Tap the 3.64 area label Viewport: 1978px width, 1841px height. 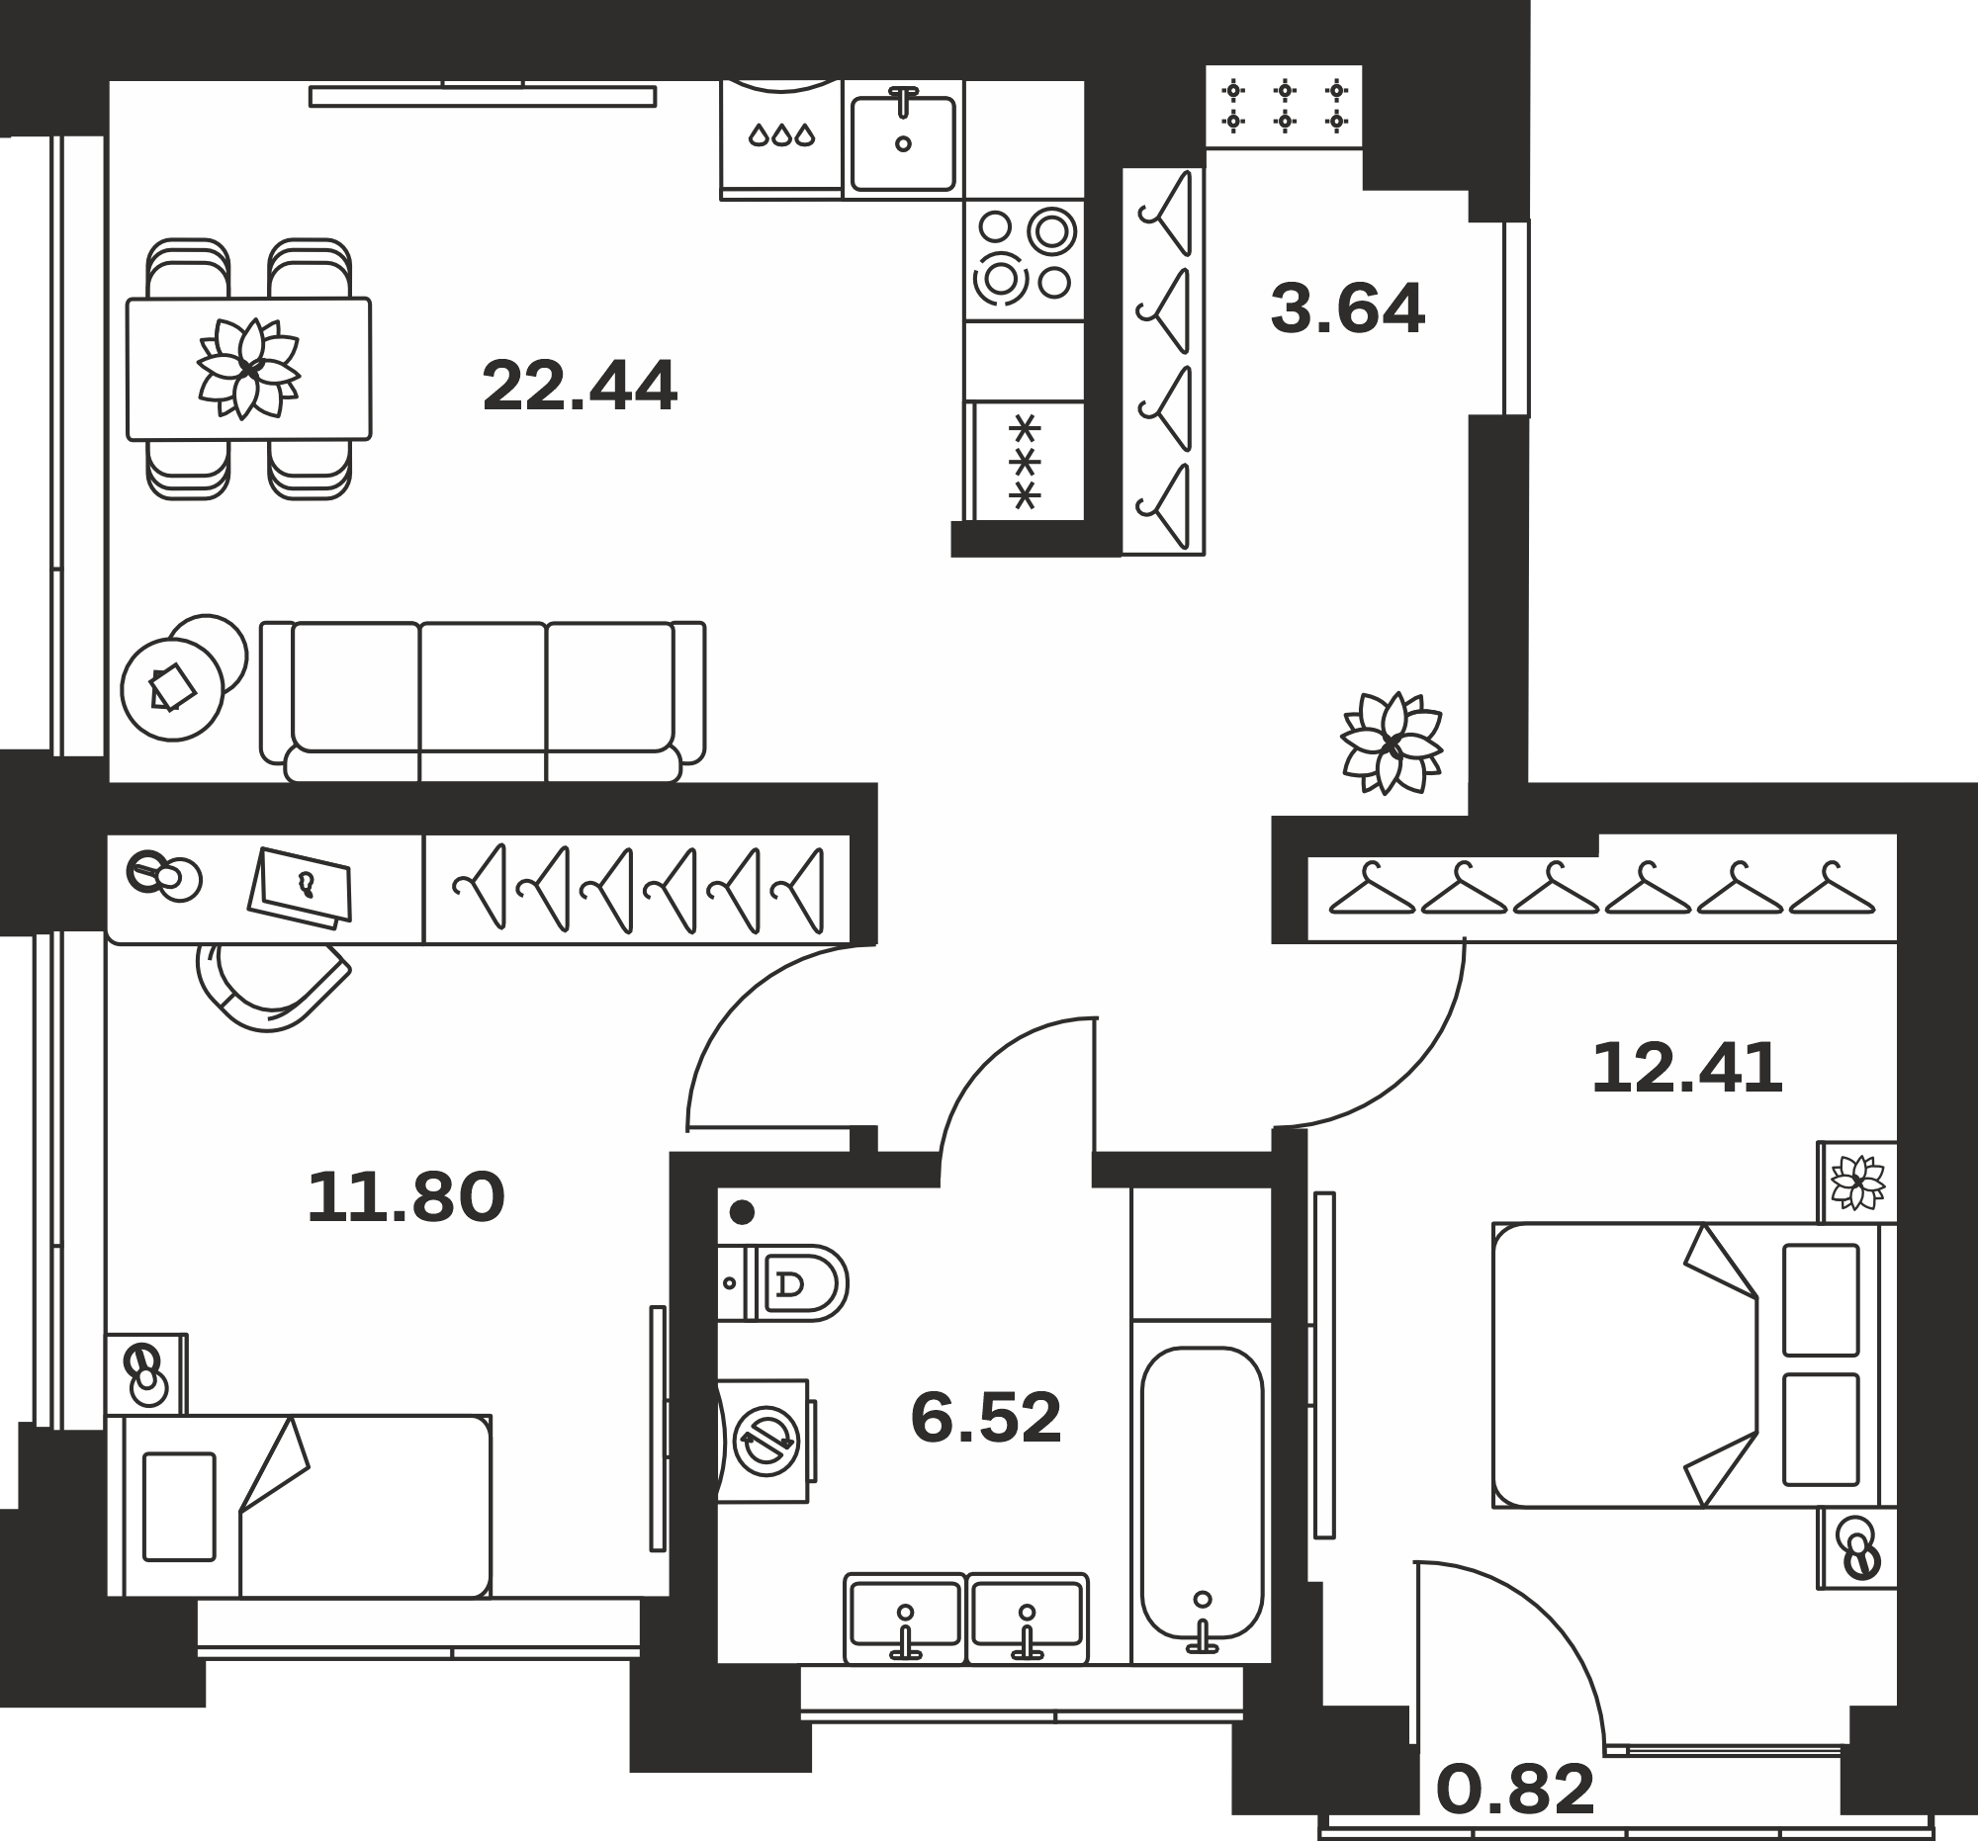point(1347,308)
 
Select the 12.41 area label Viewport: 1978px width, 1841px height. point(1686,1069)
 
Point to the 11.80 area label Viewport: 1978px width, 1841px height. point(405,1197)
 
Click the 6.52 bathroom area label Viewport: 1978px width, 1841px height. point(986,1418)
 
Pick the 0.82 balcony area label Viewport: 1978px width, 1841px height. point(1515,1791)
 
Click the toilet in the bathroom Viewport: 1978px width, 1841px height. point(783,1283)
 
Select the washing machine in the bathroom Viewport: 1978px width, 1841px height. point(764,1442)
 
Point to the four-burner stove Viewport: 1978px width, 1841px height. point(1024,260)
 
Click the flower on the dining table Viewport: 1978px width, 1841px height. point(249,369)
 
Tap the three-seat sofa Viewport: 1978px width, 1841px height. point(483,702)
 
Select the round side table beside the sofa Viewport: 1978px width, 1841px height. point(172,689)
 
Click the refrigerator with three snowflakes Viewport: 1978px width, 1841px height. point(1025,462)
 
